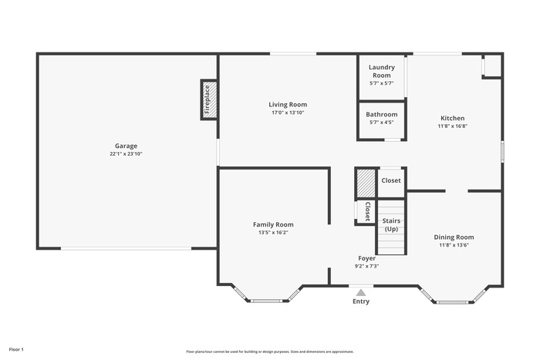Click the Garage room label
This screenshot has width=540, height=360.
pos(126,146)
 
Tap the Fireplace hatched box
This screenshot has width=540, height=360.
pos(209,99)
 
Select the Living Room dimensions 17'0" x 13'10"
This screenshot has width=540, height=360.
pos(288,113)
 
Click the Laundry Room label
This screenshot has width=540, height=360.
pos(382,71)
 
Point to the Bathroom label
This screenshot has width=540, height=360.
pos(382,114)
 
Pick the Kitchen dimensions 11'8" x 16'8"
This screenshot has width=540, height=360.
pos(453,126)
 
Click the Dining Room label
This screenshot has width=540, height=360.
pos(454,237)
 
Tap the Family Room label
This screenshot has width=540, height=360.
pos(273,225)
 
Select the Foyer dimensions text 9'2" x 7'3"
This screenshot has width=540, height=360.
pos(366,266)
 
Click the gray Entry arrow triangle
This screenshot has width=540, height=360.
pos(360,293)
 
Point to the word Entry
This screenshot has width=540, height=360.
pos(361,301)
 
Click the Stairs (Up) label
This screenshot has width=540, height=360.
pos(392,225)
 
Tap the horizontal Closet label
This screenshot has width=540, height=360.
pos(391,180)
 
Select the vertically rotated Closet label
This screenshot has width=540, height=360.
pos(367,211)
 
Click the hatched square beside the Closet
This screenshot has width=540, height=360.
pos(366,183)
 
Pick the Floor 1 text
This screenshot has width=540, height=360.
pos(16,349)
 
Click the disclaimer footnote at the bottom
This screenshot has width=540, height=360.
pos(270,352)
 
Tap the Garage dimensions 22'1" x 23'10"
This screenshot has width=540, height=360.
pos(126,154)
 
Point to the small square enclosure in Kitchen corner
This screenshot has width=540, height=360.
pos(492,66)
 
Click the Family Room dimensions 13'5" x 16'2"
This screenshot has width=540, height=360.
pos(273,233)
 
